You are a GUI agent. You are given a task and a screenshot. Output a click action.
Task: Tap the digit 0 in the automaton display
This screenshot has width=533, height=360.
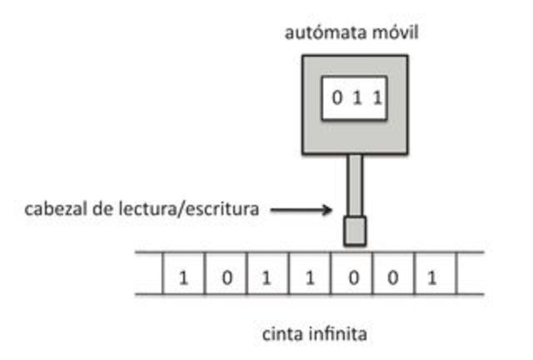(x=337, y=98)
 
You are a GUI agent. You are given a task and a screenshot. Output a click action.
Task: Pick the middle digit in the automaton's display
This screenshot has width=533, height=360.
(x=357, y=98)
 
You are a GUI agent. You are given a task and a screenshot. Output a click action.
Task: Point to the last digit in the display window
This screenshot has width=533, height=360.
(x=376, y=98)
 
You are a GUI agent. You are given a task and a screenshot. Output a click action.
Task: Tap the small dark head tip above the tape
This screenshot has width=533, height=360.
(x=355, y=231)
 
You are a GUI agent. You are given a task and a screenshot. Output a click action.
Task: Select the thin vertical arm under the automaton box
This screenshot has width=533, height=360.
(x=355, y=184)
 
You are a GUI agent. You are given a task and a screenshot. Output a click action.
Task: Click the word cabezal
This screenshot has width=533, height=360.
(x=57, y=210)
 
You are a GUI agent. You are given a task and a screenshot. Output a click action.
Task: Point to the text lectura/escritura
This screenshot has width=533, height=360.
(x=193, y=210)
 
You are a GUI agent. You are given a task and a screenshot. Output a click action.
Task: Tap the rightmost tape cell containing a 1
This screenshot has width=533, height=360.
(x=432, y=274)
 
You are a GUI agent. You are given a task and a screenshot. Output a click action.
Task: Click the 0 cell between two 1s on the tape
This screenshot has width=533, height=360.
(x=226, y=274)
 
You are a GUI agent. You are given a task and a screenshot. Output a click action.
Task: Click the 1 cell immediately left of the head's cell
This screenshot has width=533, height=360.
(x=310, y=274)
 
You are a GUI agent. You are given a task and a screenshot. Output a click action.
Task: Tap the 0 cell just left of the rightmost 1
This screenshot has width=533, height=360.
(x=392, y=274)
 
